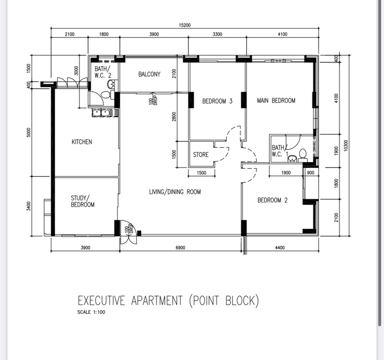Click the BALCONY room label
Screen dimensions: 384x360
pyautogui.click(x=149, y=74)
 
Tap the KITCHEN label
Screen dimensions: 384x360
pyautogui.click(x=82, y=142)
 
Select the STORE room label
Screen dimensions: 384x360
pyautogui.click(x=201, y=155)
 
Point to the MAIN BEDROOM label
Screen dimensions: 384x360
pyautogui.click(x=276, y=100)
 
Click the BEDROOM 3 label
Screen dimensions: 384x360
pyautogui.click(x=217, y=101)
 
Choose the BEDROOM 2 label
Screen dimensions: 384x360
pyautogui.click(x=272, y=200)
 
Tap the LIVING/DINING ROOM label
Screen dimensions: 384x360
pyautogui.click(x=175, y=192)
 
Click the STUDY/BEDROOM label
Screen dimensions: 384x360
pyautogui.click(x=83, y=201)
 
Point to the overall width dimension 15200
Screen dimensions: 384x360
pyautogui.click(x=185, y=25)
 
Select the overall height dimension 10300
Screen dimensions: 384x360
pyautogui.click(x=346, y=146)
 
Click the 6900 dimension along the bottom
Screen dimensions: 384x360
pyautogui.click(x=180, y=248)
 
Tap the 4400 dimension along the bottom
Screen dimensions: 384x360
pyautogui.click(x=280, y=248)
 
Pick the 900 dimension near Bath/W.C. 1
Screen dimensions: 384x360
pyautogui.click(x=311, y=173)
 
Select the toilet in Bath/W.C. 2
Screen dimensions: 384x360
pyautogui.click(x=107, y=95)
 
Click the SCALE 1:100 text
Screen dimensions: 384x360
pyautogui.click(x=91, y=312)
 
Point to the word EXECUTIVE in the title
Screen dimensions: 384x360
pyautogui.click(x=101, y=300)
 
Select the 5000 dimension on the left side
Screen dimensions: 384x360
pyautogui.click(x=29, y=132)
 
